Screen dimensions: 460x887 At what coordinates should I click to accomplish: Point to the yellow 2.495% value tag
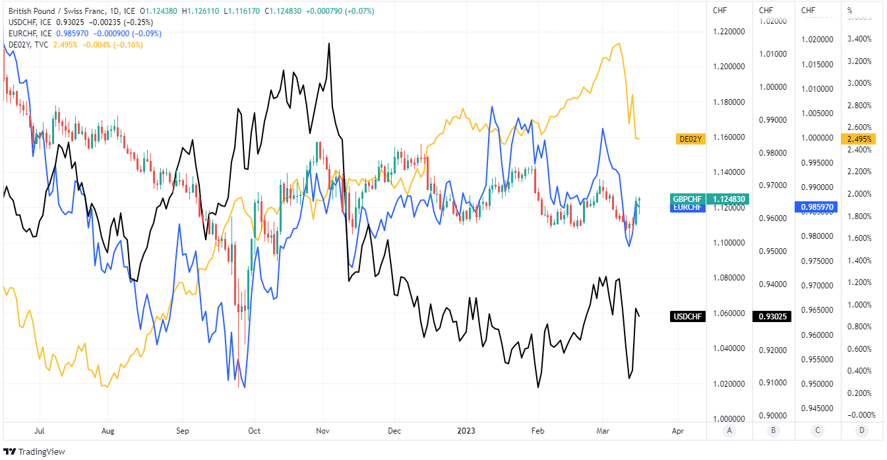[860, 139]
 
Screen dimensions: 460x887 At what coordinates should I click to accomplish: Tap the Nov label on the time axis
[323, 431]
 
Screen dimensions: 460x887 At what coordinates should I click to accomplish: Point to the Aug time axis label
[108, 431]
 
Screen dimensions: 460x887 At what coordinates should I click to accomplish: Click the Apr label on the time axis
[677, 431]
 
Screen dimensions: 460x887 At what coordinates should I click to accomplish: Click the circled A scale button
[728, 431]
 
